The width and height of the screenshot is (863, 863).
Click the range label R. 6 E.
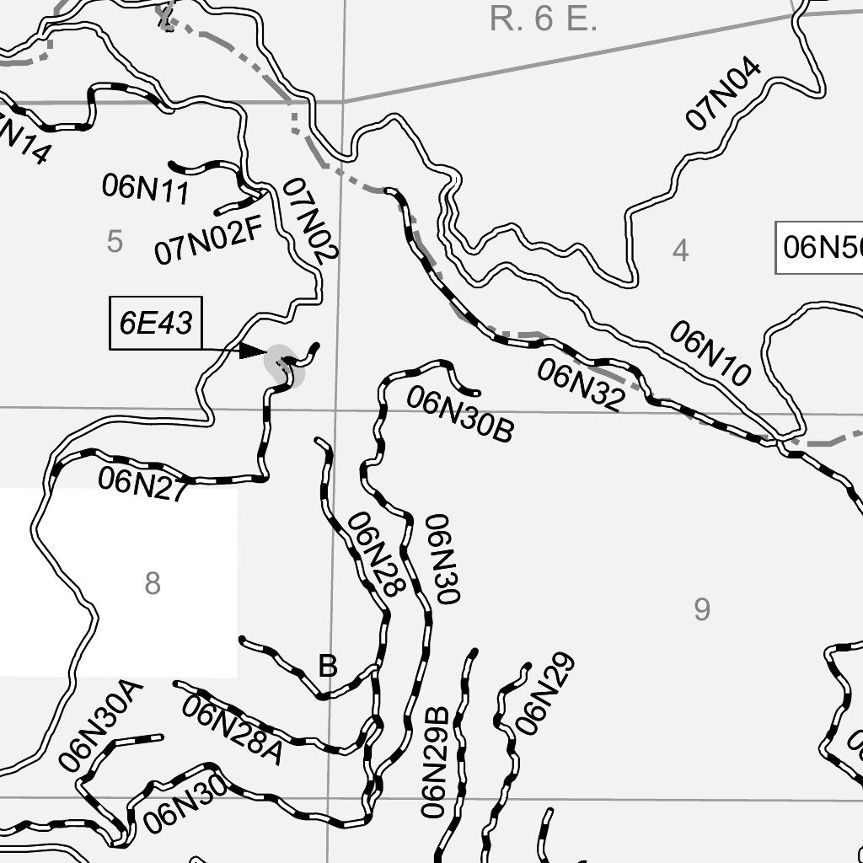tap(544, 19)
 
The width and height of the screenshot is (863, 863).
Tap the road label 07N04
tap(723, 95)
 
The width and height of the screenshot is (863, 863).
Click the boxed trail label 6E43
tap(156, 323)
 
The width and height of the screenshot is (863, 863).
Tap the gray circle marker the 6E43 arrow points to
tap(282, 366)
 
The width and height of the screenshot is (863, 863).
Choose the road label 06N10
tap(710, 354)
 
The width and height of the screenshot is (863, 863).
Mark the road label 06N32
tap(581, 385)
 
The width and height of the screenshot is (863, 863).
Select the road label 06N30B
tap(460, 415)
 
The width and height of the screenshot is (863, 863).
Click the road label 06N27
tap(142, 484)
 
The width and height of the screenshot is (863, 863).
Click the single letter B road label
tap(328, 667)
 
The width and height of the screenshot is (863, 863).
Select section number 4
tap(681, 250)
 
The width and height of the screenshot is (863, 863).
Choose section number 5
tap(115, 242)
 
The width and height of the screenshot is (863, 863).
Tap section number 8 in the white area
tap(152, 582)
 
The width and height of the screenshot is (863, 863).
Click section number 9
tap(702, 608)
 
